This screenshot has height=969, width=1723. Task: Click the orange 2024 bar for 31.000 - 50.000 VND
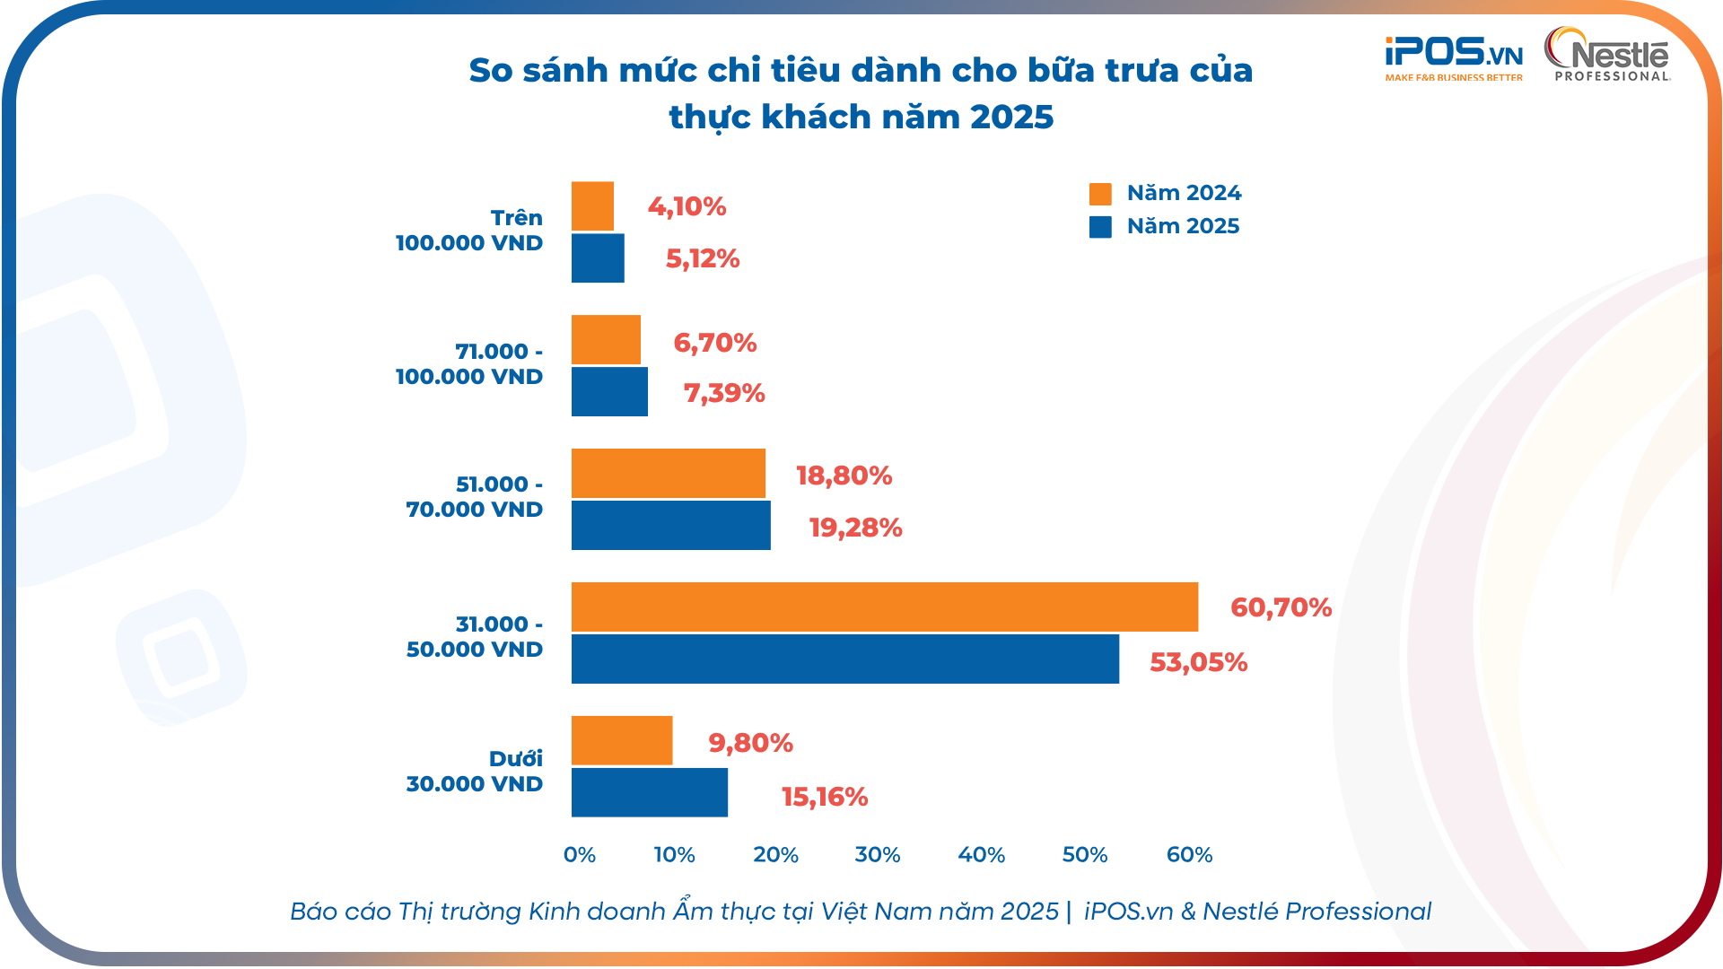point(884,607)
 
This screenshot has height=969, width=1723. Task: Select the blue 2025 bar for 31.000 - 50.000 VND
point(844,659)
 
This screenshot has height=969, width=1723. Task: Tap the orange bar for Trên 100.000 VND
point(592,206)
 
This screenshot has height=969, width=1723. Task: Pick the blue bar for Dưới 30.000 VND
point(649,792)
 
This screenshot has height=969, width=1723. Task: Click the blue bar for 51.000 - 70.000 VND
point(670,525)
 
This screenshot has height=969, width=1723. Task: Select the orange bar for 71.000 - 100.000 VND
point(606,340)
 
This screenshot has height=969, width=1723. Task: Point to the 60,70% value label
point(1281,607)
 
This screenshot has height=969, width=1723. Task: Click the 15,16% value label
point(824,797)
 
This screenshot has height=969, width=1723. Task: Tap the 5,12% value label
point(702,258)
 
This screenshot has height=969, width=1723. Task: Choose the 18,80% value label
point(844,476)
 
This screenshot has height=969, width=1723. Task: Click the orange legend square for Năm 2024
point(1100,194)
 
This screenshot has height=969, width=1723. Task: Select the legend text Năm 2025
point(1183,226)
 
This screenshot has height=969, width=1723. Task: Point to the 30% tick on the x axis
point(877,854)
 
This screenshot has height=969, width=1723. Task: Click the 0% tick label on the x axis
point(580,854)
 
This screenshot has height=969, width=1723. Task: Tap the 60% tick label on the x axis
point(1189,854)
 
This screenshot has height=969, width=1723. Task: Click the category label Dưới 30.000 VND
point(475,771)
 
